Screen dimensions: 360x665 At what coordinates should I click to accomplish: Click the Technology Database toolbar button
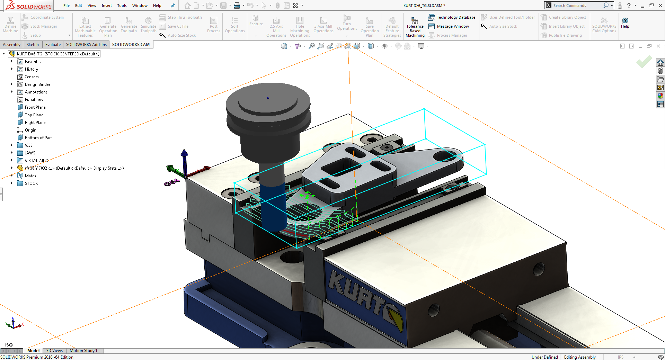click(x=452, y=17)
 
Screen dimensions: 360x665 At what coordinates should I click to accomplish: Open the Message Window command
click(x=449, y=26)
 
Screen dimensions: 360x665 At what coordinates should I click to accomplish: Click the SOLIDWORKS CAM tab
click(x=131, y=45)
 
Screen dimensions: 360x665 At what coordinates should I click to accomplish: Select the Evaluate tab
click(x=53, y=45)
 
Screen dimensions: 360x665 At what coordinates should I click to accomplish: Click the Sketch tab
click(x=33, y=45)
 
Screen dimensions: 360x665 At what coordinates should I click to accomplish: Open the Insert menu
click(x=107, y=6)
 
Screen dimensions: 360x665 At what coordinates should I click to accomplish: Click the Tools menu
click(x=122, y=6)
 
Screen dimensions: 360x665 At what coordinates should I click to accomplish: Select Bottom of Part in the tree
click(x=38, y=138)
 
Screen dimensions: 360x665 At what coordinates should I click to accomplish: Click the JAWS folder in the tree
click(x=30, y=153)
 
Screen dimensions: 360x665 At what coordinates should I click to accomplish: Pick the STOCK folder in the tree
click(x=31, y=183)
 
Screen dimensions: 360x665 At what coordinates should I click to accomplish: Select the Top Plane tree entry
click(x=34, y=115)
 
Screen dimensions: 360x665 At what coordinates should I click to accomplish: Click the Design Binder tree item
click(x=37, y=84)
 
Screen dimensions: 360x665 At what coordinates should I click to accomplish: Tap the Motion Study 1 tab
click(x=83, y=351)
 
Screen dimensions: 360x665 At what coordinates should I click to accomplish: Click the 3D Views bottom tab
click(x=54, y=351)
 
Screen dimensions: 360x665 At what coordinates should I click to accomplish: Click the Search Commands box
click(x=577, y=6)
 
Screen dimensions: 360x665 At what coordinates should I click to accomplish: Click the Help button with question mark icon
click(x=625, y=22)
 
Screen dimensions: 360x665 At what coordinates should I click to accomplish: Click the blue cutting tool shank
click(x=273, y=206)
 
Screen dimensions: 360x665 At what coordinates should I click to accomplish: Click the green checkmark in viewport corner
click(x=644, y=62)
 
